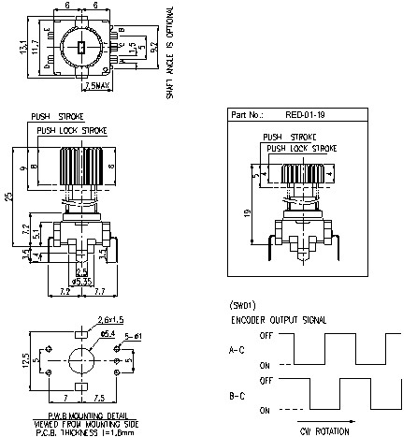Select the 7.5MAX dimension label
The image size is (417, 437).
[99, 85]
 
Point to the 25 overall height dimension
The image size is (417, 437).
[7, 197]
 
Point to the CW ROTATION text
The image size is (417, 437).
[326, 430]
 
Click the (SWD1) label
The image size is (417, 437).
[242, 306]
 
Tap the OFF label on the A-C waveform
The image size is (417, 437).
[265, 335]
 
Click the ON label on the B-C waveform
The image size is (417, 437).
[266, 410]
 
